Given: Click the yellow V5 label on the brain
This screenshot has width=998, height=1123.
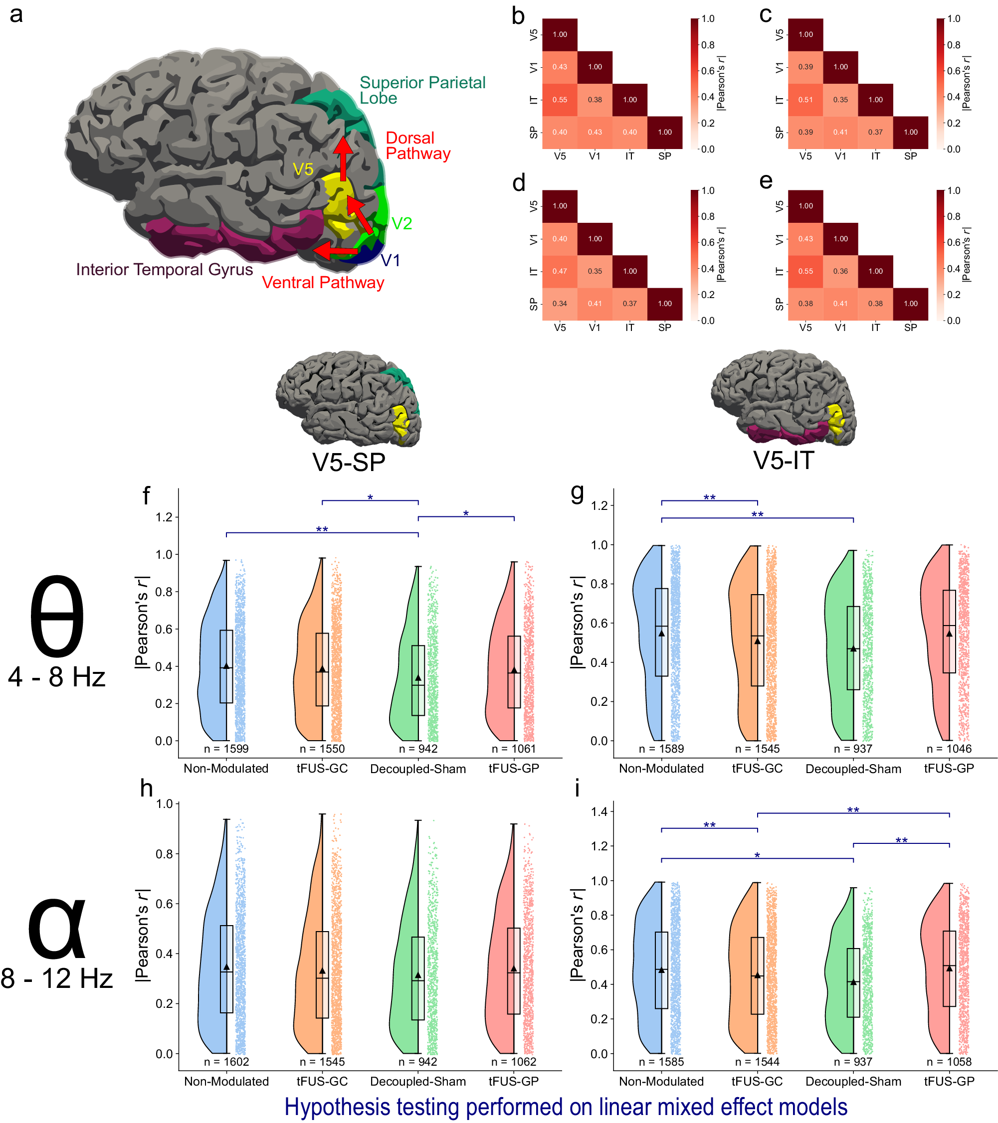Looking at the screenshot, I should click(303, 169).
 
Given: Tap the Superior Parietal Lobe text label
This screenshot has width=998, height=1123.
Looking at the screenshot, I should click(422, 90).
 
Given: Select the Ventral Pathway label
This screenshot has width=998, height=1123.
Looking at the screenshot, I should click(323, 283).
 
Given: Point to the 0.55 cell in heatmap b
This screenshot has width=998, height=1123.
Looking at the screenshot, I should click(559, 100).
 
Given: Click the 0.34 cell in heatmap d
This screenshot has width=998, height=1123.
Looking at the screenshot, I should click(559, 304).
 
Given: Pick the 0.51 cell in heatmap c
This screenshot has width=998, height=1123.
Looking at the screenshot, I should click(805, 100).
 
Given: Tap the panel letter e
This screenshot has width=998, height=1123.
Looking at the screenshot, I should click(766, 181).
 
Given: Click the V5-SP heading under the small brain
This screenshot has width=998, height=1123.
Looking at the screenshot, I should click(349, 462).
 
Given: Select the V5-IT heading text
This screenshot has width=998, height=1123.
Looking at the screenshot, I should click(783, 461).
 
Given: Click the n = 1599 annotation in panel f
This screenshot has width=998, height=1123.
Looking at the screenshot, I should click(226, 749).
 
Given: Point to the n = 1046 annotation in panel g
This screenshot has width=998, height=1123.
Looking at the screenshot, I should click(949, 749).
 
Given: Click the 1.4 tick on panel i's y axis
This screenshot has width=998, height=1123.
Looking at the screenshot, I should click(600, 812).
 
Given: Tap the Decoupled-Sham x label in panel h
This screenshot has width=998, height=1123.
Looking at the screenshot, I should click(418, 1082).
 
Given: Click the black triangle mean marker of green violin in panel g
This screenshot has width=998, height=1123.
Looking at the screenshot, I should click(853, 649).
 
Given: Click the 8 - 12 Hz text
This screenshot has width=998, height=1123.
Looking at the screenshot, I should click(57, 978).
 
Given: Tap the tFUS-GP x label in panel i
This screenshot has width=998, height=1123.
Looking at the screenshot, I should click(949, 1082).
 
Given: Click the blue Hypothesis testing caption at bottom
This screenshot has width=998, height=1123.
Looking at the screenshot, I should click(566, 1107).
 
